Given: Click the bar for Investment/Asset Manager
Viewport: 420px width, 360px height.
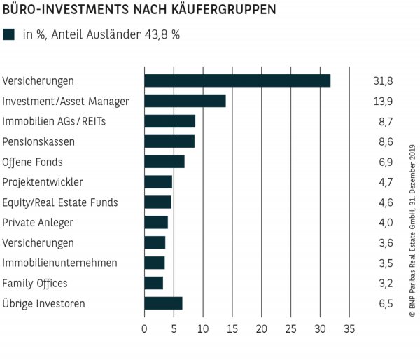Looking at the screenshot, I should pyautogui.click(x=185, y=101).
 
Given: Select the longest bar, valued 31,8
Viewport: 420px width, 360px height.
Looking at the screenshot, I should pyautogui.click(x=237, y=81).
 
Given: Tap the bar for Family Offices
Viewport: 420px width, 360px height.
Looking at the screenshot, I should pyautogui.click(x=153, y=283).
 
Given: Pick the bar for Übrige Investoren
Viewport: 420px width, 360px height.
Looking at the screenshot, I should pyautogui.click(x=163, y=303).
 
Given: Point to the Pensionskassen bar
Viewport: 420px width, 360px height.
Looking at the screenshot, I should pyautogui.click(x=169, y=141).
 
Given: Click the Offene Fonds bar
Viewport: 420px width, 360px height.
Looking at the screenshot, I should pyautogui.click(x=164, y=162).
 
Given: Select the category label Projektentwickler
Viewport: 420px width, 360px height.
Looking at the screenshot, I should pyautogui.click(x=43, y=182).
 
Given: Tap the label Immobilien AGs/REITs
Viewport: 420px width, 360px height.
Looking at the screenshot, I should pyautogui.click(x=54, y=121).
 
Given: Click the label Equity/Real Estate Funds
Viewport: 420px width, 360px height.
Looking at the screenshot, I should pyautogui.click(x=60, y=202).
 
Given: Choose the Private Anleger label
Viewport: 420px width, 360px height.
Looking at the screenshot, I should pyautogui.click(x=38, y=223).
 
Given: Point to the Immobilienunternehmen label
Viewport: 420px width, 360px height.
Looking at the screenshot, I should pyautogui.click(x=59, y=263).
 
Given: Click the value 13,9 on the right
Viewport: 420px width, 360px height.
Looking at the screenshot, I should pyautogui.click(x=383, y=102).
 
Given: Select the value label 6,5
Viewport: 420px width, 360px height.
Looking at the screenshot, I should pyautogui.click(x=383, y=304).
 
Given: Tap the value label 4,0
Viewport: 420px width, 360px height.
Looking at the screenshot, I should pyautogui.click(x=383, y=223).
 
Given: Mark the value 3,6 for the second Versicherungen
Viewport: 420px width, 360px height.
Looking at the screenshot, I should pyautogui.click(x=383, y=243).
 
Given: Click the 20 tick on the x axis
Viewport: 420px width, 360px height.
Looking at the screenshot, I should pyautogui.click(x=262, y=328).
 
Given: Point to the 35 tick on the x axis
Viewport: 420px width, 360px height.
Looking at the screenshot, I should pyautogui.click(x=350, y=328).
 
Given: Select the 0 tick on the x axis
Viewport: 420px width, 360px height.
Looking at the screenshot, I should pyautogui.click(x=144, y=328).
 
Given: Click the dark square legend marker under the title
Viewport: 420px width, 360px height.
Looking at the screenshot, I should pyautogui.click(x=8, y=34).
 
